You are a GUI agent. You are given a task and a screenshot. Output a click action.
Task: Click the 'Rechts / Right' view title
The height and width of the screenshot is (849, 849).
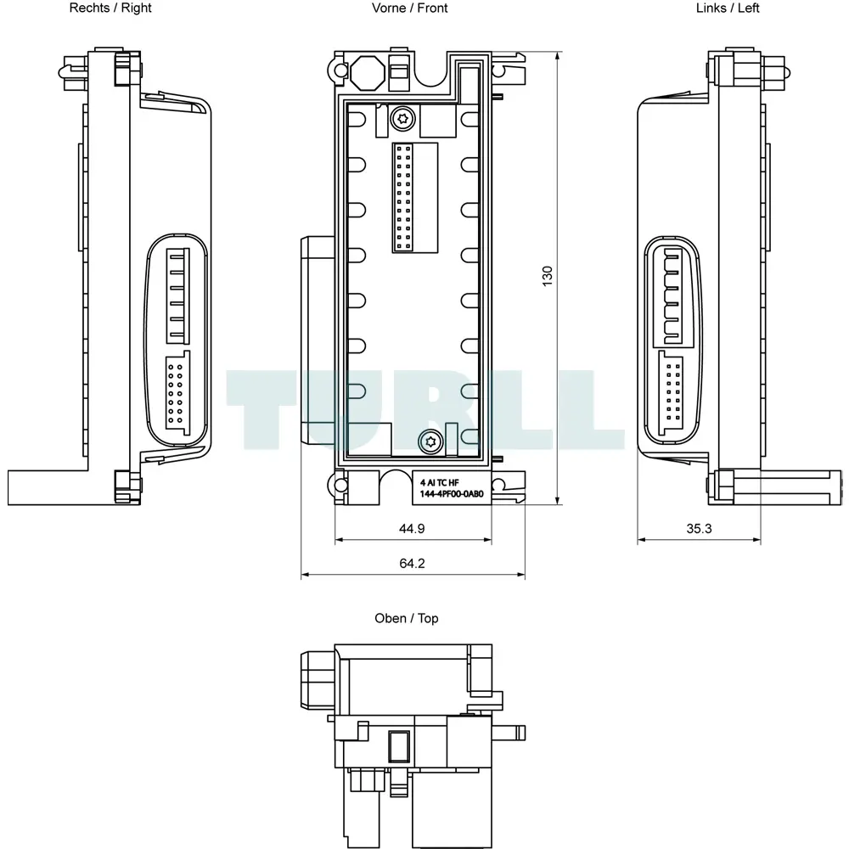tap(110, 8)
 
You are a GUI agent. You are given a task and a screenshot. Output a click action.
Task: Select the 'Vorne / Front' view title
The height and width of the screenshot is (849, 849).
tap(410, 8)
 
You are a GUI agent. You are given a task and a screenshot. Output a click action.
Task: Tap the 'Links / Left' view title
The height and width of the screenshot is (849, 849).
tap(728, 8)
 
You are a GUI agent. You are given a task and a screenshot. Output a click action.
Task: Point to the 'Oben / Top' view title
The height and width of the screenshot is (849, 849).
tap(407, 618)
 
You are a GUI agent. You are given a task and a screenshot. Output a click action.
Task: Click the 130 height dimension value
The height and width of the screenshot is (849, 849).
tap(548, 276)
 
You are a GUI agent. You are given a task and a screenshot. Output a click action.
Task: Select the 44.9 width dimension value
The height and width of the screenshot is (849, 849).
tap(412, 528)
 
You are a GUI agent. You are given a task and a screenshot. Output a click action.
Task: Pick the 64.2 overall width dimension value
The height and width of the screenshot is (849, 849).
tap(412, 563)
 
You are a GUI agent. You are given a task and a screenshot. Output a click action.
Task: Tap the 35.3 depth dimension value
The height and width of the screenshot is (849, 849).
tap(699, 528)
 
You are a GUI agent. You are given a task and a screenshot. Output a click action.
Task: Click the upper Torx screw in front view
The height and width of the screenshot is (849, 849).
tap(402, 118)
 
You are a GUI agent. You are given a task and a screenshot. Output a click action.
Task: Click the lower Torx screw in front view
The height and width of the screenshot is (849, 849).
tap(431, 441)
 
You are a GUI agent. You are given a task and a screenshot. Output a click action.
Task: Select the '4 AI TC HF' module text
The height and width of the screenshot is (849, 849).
tap(439, 482)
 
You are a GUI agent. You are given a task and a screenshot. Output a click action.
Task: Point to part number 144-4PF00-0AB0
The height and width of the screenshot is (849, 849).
tap(452, 494)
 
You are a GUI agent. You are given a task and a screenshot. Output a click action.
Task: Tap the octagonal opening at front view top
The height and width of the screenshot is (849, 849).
tap(368, 72)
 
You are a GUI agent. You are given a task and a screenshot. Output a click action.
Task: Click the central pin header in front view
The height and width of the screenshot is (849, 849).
tap(403, 198)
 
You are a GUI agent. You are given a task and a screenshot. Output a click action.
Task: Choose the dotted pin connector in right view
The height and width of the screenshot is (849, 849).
tap(177, 392)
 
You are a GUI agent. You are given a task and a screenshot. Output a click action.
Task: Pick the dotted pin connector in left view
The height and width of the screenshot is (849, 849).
tap(671, 392)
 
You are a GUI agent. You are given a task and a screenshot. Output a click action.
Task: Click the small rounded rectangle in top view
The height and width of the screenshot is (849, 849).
tap(399, 746)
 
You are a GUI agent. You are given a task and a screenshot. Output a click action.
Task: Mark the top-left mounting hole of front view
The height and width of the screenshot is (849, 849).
tap(340, 70)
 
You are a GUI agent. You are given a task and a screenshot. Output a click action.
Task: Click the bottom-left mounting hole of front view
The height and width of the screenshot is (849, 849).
tap(340, 485)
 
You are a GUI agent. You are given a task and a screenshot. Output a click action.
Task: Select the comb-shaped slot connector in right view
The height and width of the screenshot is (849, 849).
tap(177, 295)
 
